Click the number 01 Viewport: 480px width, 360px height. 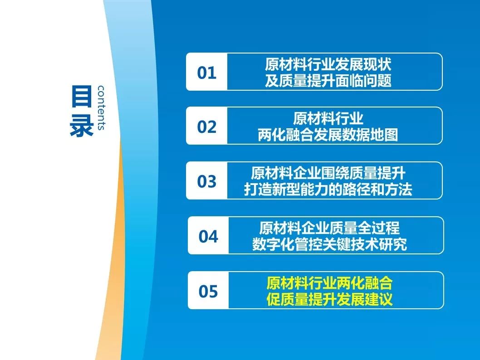coord(206,73)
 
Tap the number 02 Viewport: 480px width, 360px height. coord(206,126)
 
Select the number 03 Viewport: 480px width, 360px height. coord(206,181)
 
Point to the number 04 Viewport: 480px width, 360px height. coord(208,236)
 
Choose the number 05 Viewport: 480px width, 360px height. coord(208,291)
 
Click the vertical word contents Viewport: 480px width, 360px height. coord(101,107)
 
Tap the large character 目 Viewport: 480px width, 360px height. coord(81,96)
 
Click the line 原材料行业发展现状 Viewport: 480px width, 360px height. coord(328,64)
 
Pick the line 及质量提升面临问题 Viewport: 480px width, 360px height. coord(328,81)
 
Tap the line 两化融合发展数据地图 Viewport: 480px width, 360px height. coord(328,135)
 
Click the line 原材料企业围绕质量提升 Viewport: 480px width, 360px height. coord(328,173)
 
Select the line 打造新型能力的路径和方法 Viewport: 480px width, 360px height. coord(328,190)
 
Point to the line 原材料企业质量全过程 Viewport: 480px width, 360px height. coord(329,228)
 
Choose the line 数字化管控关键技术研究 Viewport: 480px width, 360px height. coord(329,244)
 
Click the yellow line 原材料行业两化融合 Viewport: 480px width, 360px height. coord(329,282)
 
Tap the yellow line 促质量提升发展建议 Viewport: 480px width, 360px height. coord(329,299)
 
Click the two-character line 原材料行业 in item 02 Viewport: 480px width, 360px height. coord(328,118)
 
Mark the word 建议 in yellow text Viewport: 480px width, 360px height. coord(379,299)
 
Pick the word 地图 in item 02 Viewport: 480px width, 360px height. coord(384,135)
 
